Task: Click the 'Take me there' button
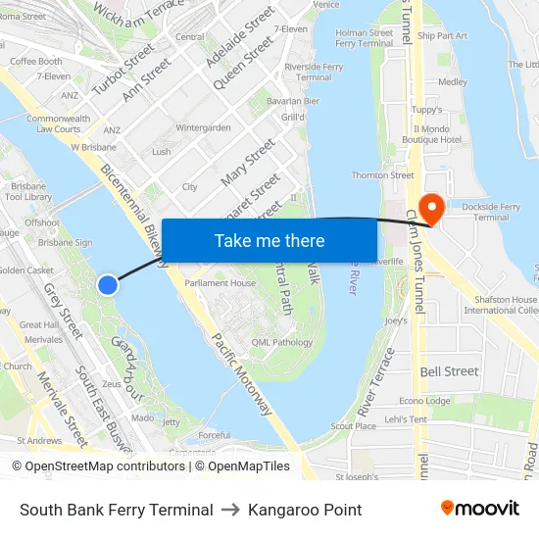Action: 269,241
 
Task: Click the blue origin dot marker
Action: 108,284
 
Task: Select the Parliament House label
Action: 220,283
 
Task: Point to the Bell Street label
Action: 449,371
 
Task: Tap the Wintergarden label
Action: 203,127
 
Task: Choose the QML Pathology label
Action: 281,342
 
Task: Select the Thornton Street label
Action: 382,175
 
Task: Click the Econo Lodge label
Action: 424,401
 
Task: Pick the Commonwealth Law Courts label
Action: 60,123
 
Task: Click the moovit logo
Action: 479,509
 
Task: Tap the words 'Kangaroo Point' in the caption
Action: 305,510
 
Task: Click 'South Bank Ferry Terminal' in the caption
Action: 116,510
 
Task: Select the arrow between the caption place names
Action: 230,510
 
